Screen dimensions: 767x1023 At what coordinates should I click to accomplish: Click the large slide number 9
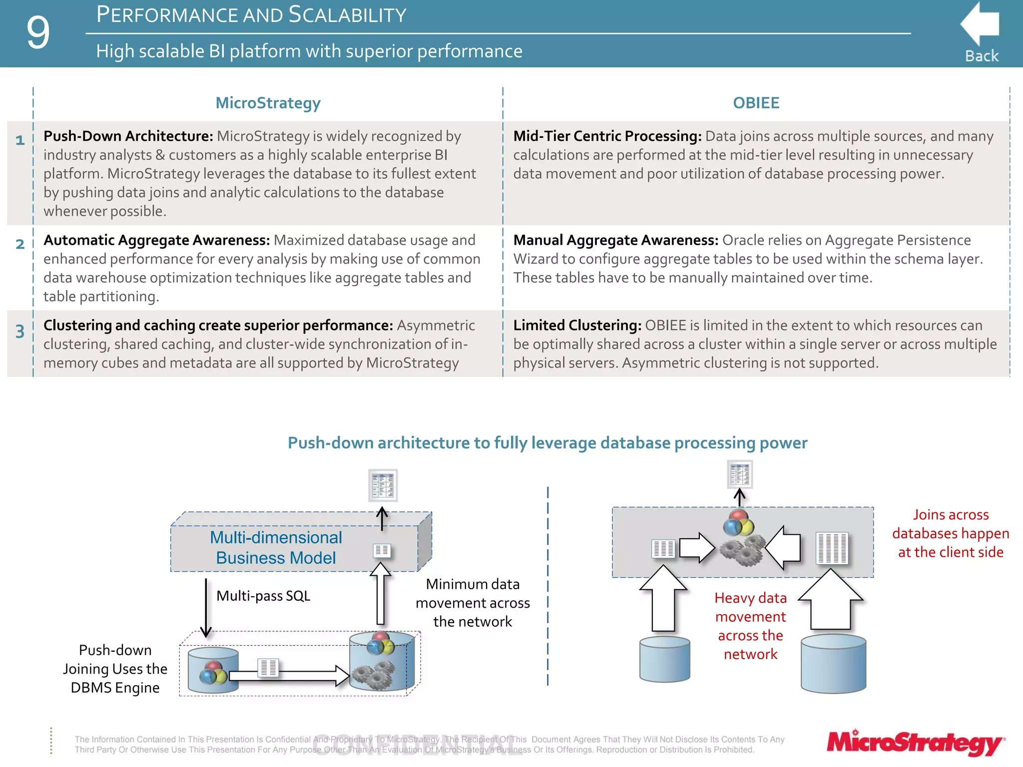[38, 33]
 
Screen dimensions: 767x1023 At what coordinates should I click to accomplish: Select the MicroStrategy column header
[268, 103]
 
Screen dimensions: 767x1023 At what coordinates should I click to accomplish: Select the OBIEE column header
[756, 103]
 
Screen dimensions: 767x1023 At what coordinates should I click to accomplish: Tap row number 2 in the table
[20, 244]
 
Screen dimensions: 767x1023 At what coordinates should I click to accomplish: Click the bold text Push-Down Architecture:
[128, 136]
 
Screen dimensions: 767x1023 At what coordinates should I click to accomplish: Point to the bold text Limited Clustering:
[577, 326]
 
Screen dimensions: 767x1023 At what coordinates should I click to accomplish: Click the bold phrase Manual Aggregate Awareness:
[615, 240]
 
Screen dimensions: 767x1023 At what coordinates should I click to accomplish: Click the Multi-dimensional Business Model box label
[276, 548]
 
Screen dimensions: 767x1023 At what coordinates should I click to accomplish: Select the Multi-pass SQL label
[263, 596]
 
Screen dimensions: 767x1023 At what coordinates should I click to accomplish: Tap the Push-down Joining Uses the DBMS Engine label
[115, 669]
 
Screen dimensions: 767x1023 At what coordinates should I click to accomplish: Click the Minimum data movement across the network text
[473, 603]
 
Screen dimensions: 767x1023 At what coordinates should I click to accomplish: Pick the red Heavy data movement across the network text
[750, 626]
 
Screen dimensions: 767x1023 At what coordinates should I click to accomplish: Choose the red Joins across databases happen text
[951, 533]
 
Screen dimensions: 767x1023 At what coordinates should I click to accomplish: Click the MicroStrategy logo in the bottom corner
[915, 743]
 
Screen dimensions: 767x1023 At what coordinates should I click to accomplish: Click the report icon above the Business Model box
[383, 485]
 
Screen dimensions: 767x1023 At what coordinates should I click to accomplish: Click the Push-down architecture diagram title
[547, 443]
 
